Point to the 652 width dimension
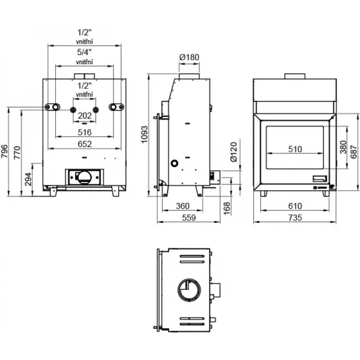(x=84, y=143)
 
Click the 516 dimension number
(x=84, y=131)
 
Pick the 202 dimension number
(x=85, y=115)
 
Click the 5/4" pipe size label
(x=84, y=52)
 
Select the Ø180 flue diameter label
(x=189, y=58)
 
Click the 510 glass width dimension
(x=294, y=150)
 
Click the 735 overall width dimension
(x=294, y=218)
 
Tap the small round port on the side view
(x=175, y=163)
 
